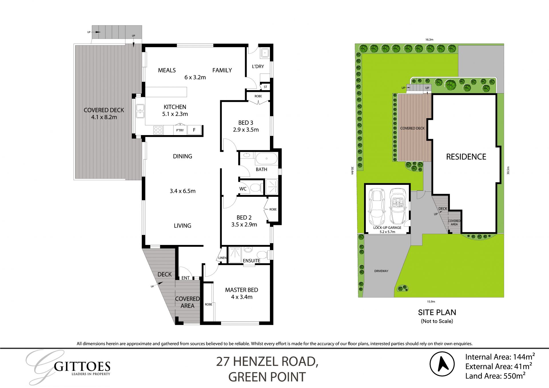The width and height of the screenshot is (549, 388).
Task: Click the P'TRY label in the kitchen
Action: click(x=180, y=130)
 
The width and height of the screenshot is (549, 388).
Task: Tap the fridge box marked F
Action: click(x=194, y=130)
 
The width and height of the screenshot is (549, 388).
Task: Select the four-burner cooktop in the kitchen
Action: click(x=158, y=130)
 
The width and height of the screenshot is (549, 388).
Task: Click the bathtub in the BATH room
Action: click(x=266, y=159)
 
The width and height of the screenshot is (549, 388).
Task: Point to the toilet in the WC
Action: click(x=255, y=188)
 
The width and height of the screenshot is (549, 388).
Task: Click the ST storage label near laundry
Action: click(x=265, y=87)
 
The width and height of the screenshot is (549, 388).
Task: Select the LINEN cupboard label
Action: click(x=222, y=258)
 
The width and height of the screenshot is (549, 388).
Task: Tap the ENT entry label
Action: click(x=185, y=278)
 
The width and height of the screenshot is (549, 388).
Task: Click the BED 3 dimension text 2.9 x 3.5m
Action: click(x=246, y=130)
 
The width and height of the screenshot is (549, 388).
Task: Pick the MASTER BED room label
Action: click(x=241, y=290)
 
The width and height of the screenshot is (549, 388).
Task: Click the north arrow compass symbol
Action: click(x=442, y=364)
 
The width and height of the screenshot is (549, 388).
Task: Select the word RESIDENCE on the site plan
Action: click(x=466, y=157)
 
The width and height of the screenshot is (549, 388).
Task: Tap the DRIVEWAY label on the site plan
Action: click(x=381, y=271)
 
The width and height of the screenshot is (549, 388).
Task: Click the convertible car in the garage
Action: click(x=397, y=206)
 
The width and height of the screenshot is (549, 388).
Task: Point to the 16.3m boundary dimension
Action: click(x=429, y=40)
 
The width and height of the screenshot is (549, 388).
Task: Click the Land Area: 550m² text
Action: click(x=495, y=376)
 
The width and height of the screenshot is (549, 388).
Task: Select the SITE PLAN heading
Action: click(x=437, y=312)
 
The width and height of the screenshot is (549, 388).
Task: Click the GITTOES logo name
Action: click(x=82, y=367)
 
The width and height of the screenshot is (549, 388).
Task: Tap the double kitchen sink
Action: click(x=140, y=111)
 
